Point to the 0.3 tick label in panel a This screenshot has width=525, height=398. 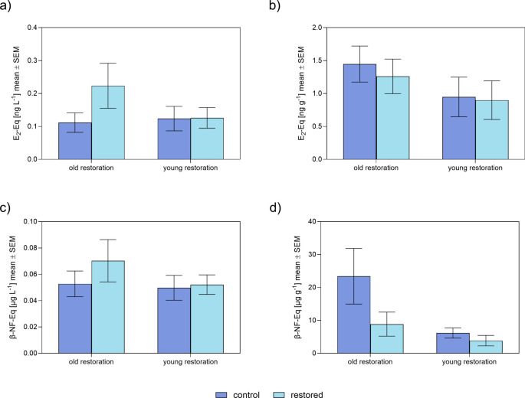(x=31, y=60)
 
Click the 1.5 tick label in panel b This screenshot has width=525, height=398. (x=294, y=60)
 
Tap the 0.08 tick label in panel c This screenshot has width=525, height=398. (x=28, y=248)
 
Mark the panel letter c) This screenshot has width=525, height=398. (x=8, y=206)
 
